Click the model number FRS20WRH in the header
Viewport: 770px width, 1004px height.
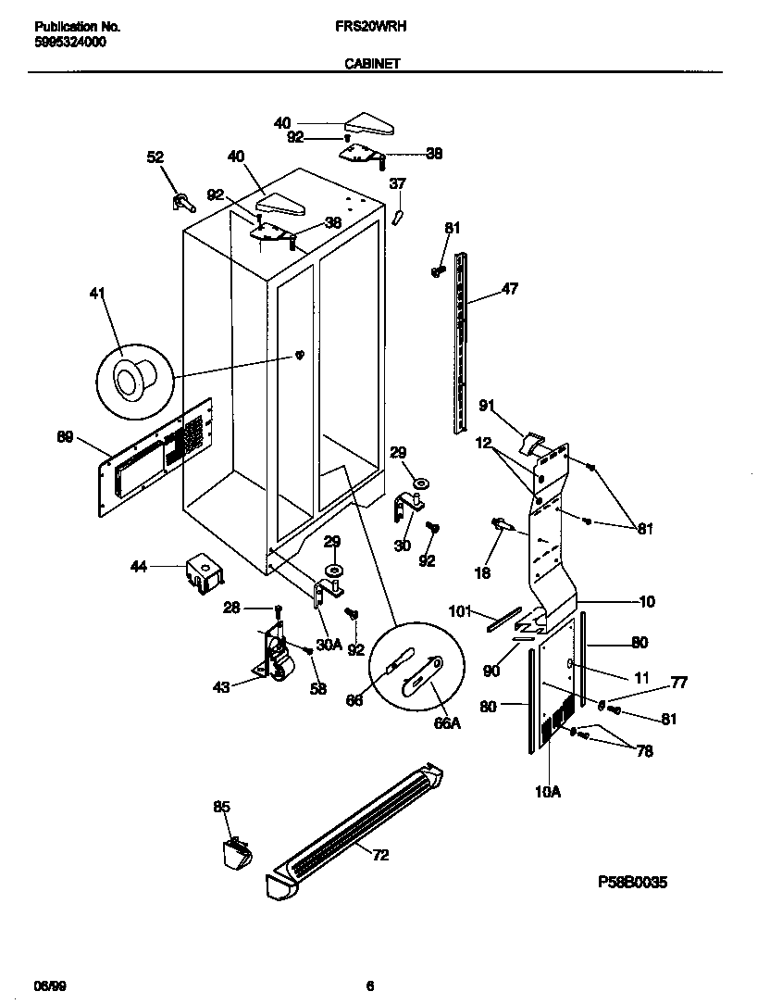(371, 28)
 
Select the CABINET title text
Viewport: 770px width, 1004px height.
(372, 64)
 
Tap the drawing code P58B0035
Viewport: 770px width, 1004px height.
(632, 883)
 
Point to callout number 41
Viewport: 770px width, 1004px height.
(97, 295)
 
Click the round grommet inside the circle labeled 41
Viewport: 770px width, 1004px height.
(127, 379)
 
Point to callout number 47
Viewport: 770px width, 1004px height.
(509, 289)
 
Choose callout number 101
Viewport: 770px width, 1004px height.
(461, 611)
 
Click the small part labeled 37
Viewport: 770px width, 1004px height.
(398, 216)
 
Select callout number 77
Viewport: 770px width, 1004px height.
(679, 683)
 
